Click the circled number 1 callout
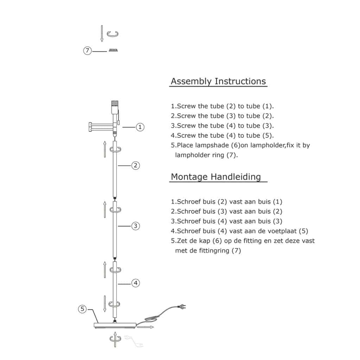(x=140, y=127)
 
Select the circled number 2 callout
(x=135, y=165)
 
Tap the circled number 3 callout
(x=135, y=226)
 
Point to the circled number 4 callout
(x=135, y=283)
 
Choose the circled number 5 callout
(x=82, y=309)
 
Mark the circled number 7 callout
(x=87, y=51)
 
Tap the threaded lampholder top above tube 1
(x=115, y=103)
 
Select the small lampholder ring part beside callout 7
(x=113, y=50)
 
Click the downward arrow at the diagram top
(x=102, y=33)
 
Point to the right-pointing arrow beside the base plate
(x=145, y=327)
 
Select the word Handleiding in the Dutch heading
(x=236, y=177)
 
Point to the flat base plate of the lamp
(x=115, y=325)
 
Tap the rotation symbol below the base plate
(x=115, y=339)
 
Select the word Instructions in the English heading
(x=240, y=81)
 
